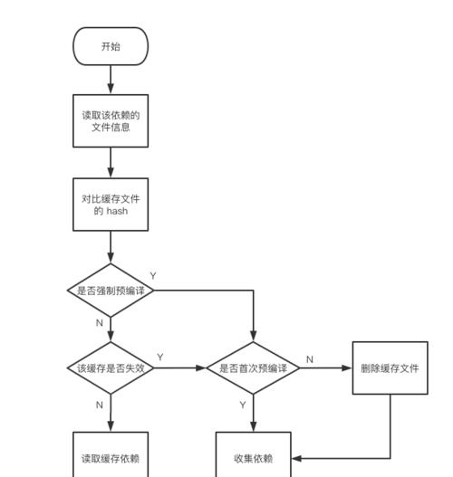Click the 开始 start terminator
111,46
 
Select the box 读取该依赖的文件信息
111,120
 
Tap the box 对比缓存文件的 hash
111,205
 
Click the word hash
117,211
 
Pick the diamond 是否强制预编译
111,291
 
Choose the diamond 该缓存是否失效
111,367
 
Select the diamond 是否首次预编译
253,367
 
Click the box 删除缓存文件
390,367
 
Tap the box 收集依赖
254,454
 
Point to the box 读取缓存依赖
111,454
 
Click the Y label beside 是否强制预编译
153,276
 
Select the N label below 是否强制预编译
100,323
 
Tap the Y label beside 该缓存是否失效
160,357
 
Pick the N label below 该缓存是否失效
100,405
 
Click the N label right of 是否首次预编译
310,359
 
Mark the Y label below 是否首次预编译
243,405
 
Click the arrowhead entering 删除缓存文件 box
347,367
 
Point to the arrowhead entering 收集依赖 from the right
296,458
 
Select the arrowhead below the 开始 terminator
111,89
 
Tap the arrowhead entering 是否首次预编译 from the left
201,367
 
